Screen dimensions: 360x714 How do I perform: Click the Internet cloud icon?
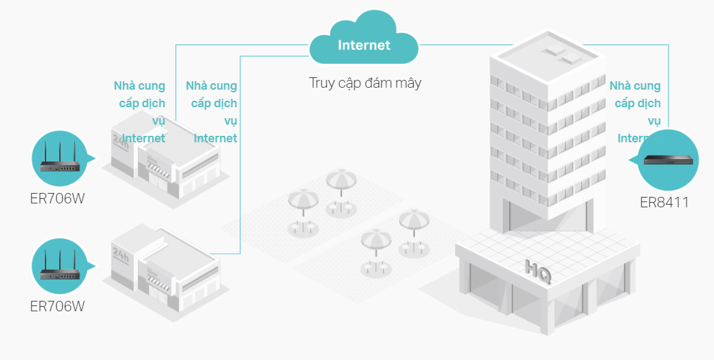[x=364, y=42]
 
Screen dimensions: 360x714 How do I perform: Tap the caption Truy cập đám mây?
[x=365, y=83]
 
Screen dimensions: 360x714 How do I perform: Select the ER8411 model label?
[x=664, y=203]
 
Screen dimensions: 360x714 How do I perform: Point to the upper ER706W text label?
[x=57, y=198]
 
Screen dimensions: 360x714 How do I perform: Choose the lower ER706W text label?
[x=57, y=305]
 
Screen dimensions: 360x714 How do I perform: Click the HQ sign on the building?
[x=538, y=272]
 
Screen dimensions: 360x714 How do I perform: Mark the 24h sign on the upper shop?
[x=121, y=139]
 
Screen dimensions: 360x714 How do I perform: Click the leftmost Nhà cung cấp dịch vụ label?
[x=140, y=112]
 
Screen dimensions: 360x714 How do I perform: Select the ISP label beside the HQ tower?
[x=635, y=112]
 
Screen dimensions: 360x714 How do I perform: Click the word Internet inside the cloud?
[x=364, y=45]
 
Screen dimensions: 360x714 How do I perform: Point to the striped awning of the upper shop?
[x=160, y=171]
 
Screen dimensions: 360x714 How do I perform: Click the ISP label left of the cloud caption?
[x=212, y=112]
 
